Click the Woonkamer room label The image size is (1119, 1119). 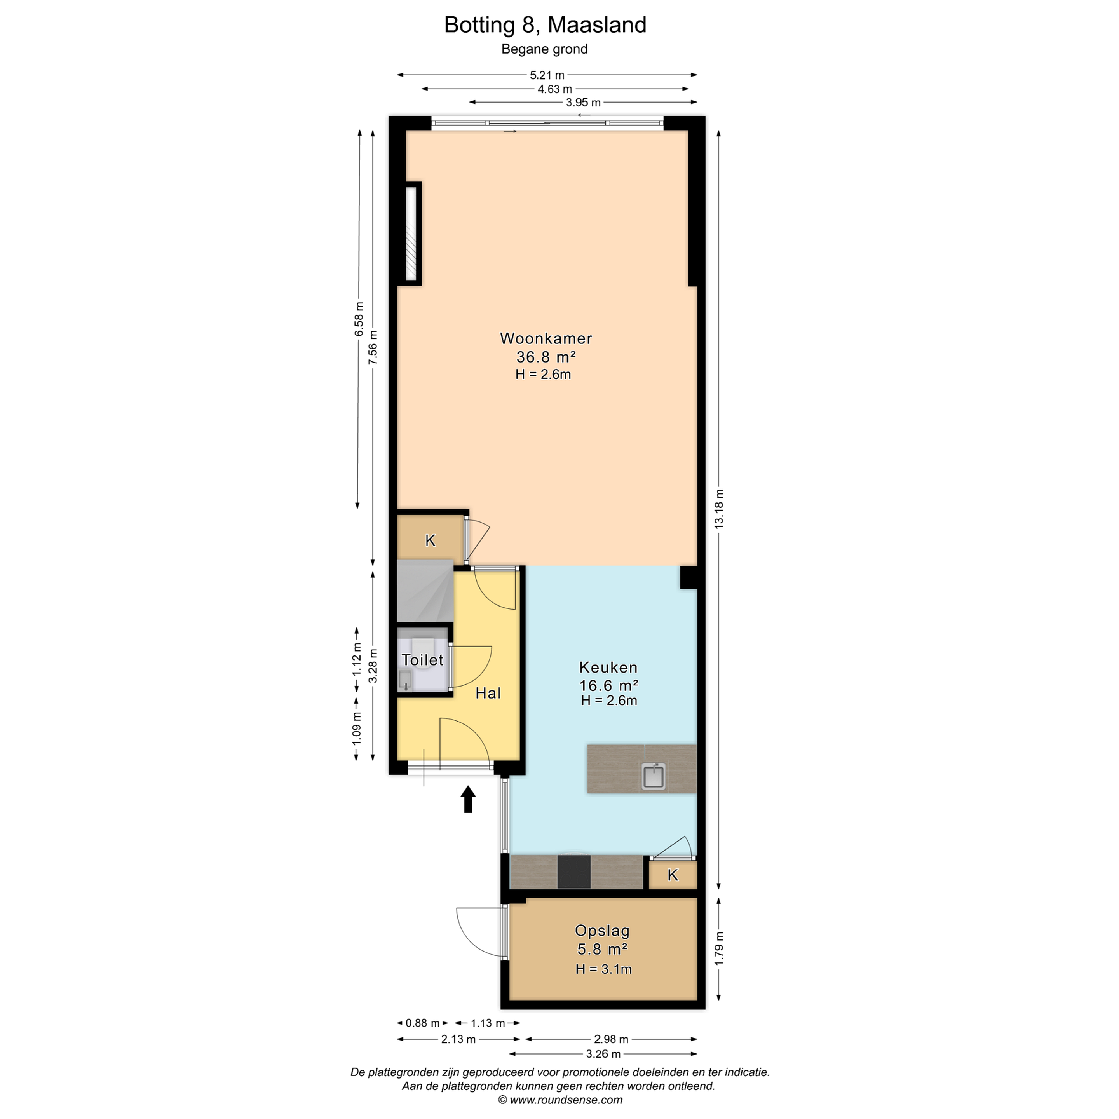pos(546,338)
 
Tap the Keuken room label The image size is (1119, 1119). pos(608,667)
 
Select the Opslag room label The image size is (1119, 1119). pos(602,931)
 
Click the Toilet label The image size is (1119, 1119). pos(423,660)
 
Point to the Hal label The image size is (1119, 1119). pos(488,693)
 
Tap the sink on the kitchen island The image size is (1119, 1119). pos(653,776)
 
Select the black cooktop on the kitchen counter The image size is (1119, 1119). pos(574,871)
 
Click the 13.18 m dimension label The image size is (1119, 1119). pos(719,509)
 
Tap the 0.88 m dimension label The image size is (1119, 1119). pos(423,1023)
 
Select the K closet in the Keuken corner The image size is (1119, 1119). pos(673,875)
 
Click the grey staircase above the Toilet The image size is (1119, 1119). pos(425,591)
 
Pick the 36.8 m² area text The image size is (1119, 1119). pos(546,357)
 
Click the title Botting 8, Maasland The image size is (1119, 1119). pos(545,25)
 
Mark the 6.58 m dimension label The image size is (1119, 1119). pos(360,319)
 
